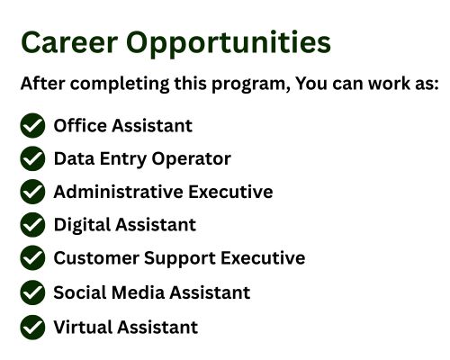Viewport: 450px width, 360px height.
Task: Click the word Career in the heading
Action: click(x=69, y=42)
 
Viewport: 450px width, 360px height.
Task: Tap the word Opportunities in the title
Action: click(x=229, y=44)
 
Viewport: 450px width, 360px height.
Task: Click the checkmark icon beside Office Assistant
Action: click(x=32, y=125)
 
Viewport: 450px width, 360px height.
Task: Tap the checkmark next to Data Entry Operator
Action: click(x=32, y=158)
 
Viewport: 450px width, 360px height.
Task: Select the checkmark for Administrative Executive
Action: click(x=32, y=192)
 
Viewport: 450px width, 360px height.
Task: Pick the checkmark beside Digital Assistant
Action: click(x=32, y=224)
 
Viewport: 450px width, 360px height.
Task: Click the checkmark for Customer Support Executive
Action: click(x=32, y=257)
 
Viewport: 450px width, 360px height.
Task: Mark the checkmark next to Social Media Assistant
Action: click(x=32, y=292)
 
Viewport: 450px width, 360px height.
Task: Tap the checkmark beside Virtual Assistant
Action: click(x=32, y=327)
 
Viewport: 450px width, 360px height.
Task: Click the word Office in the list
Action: click(x=80, y=125)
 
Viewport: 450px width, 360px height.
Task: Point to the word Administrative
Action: click(x=119, y=192)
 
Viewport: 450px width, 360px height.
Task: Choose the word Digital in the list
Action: click(x=82, y=225)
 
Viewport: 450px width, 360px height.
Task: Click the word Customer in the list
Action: click(x=96, y=257)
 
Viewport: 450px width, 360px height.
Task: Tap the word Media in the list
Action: click(x=138, y=292)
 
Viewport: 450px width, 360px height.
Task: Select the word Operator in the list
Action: click(x=191, y=159)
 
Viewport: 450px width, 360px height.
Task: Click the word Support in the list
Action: click(x=180, y=258)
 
